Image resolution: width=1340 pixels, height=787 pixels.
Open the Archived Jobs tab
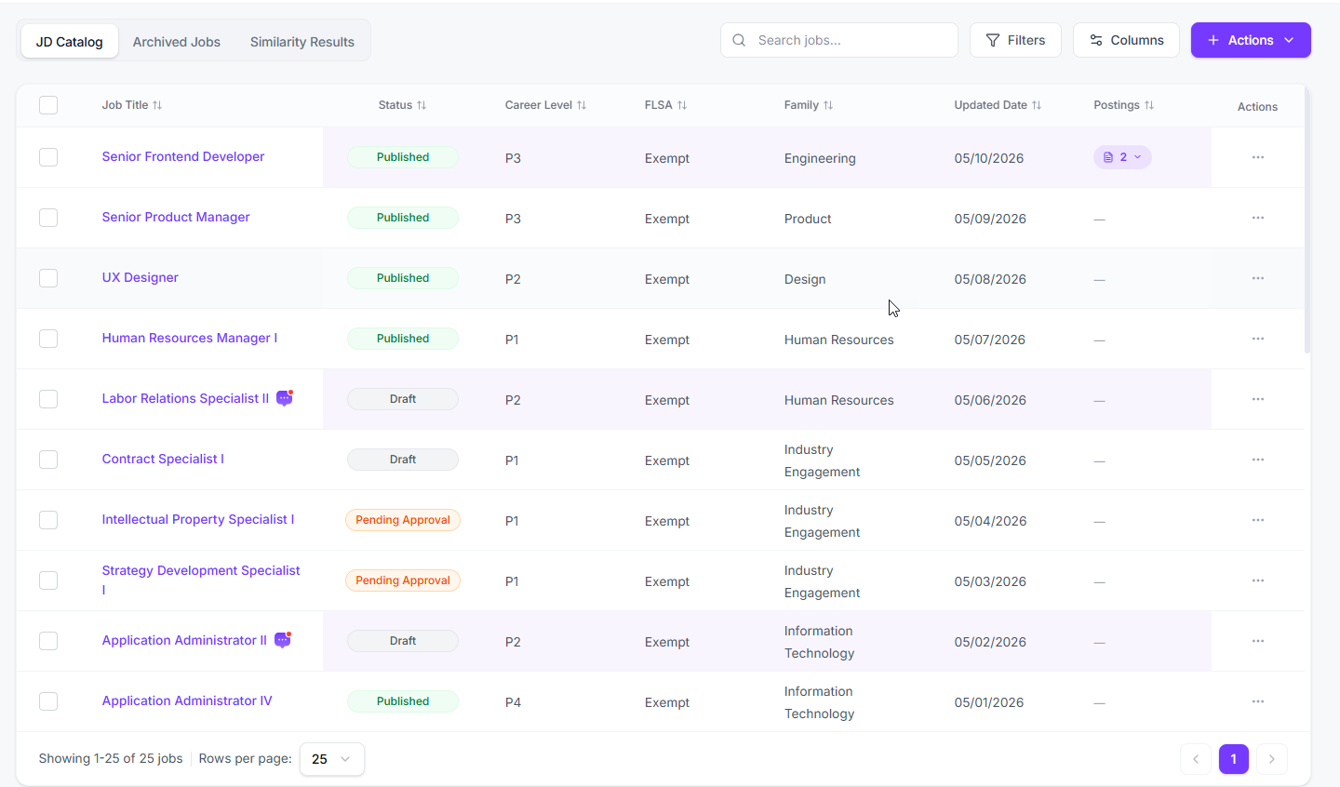point(177,42)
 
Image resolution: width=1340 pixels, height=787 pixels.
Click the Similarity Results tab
point(302,42)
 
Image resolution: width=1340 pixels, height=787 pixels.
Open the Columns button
point(1126,40)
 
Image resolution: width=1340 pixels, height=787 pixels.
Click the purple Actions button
point(1251,40)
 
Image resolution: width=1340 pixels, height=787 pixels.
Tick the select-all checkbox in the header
point(48,105)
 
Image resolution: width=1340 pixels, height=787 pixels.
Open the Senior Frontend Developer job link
point(183,156)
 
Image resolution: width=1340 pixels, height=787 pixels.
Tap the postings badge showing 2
point(1122,157)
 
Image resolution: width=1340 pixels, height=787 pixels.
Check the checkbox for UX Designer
point(48,278)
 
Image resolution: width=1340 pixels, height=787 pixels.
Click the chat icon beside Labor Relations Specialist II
point(285,398)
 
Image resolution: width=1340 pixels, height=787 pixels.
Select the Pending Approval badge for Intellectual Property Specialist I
point(403,520)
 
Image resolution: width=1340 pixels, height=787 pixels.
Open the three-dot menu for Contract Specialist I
point(1257,460)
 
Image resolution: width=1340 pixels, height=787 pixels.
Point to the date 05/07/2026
point(989,340)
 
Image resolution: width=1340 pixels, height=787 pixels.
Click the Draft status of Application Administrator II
point(403,641)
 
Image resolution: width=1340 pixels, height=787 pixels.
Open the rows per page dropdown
point(331,759)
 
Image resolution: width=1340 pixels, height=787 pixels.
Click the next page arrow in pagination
point(1272,759)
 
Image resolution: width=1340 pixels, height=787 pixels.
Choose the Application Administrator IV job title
point(187,700)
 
